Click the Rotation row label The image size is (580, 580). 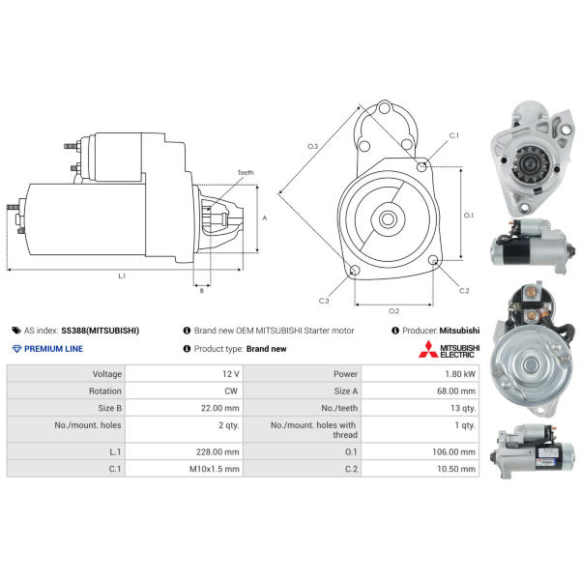tap(105, 391)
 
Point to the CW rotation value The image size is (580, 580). tap(231, 391)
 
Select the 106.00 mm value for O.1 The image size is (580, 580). tap(453, 451)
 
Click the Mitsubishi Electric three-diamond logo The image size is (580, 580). tap(428, 349)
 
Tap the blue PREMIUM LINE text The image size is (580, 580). tap(53, 349)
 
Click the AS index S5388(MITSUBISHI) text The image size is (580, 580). tap(100, 331)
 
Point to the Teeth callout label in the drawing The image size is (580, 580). tap(246, 172)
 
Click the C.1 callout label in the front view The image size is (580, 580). tap(454, 135)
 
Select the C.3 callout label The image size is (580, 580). tap(324, 301)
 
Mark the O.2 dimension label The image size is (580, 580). tap(393, 310)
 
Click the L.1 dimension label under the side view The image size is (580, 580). tap(122, 275)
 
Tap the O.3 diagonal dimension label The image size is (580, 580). tap(312, 146)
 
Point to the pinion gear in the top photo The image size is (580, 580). tap(527, 164)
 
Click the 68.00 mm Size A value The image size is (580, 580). tap(456, 391)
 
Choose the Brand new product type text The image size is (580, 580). tap(267, 349)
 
